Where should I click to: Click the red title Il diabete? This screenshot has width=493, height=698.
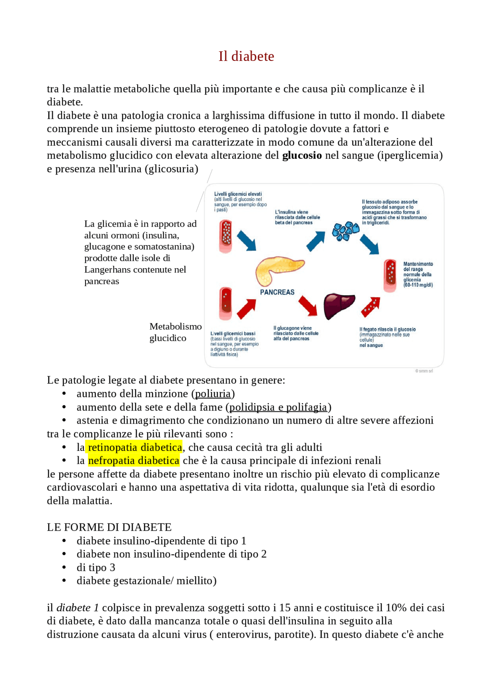tap(246, 56)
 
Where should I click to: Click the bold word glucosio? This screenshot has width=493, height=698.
tap(302, 155)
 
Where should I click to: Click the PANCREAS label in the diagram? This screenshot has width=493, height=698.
tap(277, 292)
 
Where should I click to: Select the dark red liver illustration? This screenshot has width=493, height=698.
tap(338, 305)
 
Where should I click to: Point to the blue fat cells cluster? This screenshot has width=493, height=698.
tap(345, 230)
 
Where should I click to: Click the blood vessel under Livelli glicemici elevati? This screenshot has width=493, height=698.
tap(226, 236)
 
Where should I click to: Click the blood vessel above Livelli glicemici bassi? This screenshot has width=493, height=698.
tap(225, 303)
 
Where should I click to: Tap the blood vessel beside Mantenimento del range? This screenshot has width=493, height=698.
tap(390, 275)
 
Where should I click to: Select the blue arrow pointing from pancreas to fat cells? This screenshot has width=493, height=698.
tap(316, 241)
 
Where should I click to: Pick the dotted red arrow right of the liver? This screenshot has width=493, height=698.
tap(371, 307)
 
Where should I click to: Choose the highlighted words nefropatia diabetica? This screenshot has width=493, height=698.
tap(133, 461)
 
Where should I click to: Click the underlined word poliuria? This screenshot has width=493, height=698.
tap(213, 394)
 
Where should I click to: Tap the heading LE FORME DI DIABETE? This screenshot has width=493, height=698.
tap(109, 527)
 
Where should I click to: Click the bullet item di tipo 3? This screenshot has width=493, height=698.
tap(96, 567)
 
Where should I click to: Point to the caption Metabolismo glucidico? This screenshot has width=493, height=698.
tap(175, 332)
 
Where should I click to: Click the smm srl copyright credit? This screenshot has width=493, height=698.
tap(424, 371)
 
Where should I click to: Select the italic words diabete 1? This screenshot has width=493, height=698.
tap(77, 608)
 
